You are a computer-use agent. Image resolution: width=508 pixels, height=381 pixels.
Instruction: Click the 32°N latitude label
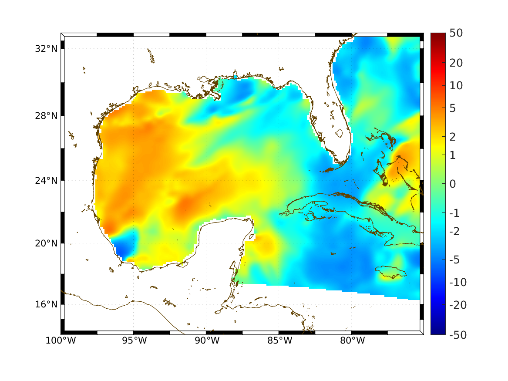pyautogui.click(x=46, y=48)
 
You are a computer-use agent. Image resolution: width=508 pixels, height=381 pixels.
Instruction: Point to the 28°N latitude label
pyautogui.click(x=46, y=116)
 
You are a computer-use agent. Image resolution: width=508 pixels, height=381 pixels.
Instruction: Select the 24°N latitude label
pyautogui.click(x=46, y=180)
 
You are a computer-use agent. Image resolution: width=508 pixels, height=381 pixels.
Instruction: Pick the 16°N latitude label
pyautogui.click(x=46, y=304)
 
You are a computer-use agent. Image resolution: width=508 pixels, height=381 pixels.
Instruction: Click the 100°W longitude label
pyautogui.click(x=61, y=341)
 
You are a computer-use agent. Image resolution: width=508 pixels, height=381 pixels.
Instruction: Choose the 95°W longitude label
pyautogui.click(x=134, y=341)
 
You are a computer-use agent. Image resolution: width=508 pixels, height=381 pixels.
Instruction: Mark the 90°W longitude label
pyautogui.click(x=206, y=341)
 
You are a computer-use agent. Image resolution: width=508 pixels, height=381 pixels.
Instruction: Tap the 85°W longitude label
pyautogui.click(x=279, y=341)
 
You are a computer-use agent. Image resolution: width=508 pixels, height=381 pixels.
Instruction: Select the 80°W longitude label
pyautogui.click(x=352, y=341)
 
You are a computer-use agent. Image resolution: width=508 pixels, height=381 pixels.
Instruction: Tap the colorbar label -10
pyautogui.click(x=456, y=283)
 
